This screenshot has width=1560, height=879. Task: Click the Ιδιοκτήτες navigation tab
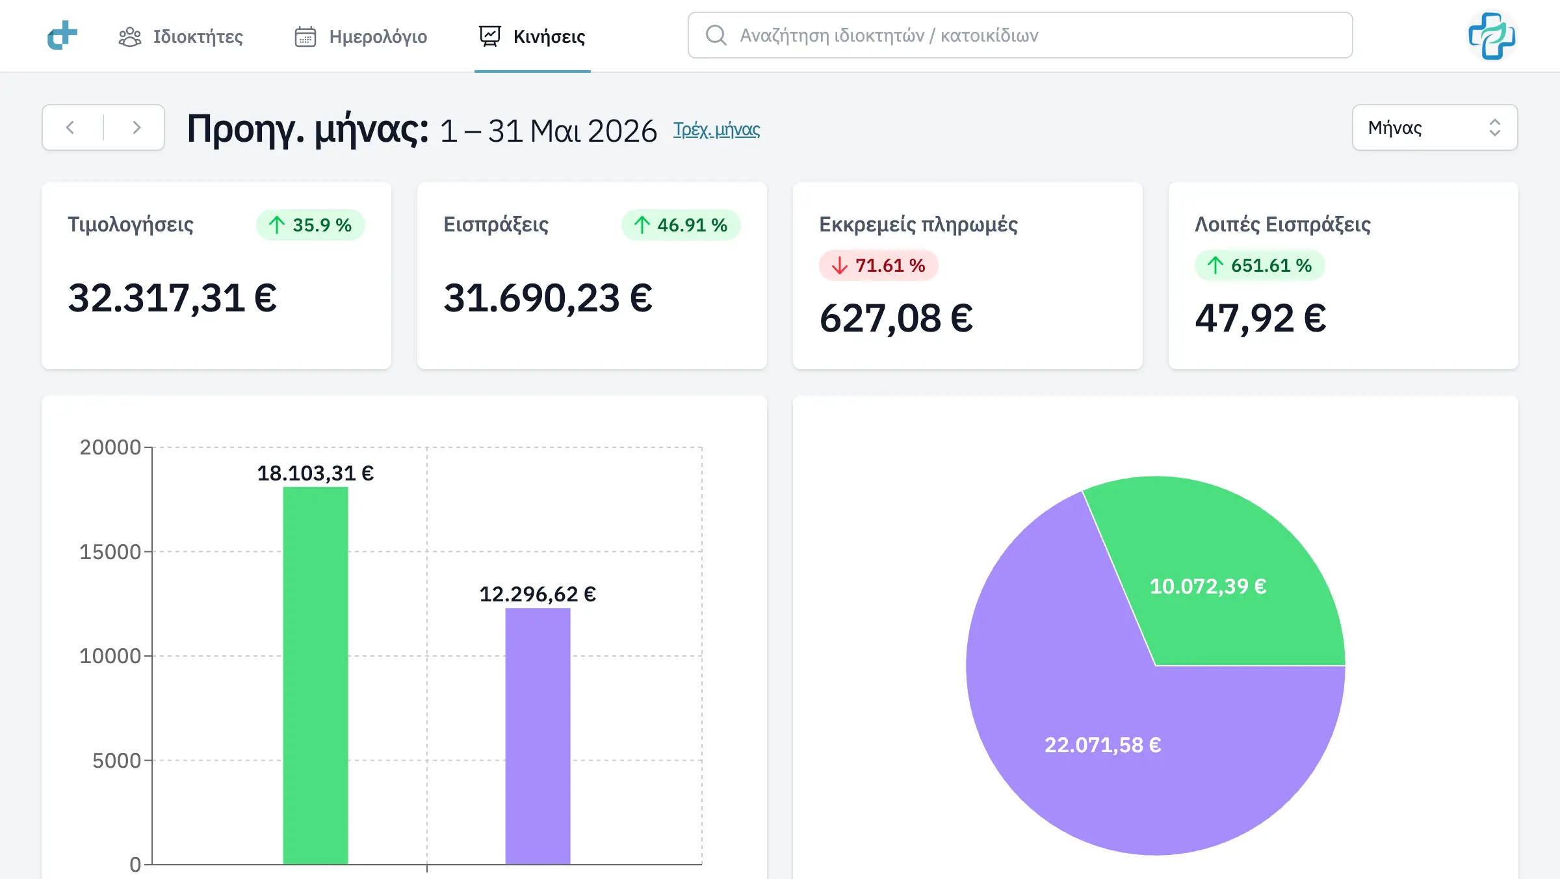click(181, 36)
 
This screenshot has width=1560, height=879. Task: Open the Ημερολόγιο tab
click(361, 36)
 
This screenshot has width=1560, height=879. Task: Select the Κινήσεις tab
click(532, 36)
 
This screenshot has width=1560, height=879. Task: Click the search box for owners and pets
click(1020, 35)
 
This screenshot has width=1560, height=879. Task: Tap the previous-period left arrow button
click(70, 127)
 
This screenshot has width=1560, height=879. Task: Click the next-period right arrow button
click(136, 127)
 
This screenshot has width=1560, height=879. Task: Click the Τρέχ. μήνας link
click(716, 129)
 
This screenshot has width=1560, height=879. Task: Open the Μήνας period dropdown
click(1435, 127)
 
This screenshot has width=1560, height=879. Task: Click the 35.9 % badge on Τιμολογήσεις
click(310, 225)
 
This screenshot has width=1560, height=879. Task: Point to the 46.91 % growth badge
click(681, 225)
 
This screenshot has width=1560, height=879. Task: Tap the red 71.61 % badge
click(878, 265)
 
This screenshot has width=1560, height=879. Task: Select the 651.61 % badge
click(1259, 265)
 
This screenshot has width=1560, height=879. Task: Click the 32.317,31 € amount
click(172, 298)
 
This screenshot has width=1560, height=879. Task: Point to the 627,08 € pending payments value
click(896, 319)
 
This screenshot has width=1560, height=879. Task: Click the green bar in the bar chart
click(315, 676)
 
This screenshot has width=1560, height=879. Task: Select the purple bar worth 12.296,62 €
click(538, 736)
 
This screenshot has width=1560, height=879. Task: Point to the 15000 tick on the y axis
click(110, 551)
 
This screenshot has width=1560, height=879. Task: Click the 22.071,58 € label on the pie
click(1102, 745)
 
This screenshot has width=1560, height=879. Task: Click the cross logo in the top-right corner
click(1492, 36)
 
